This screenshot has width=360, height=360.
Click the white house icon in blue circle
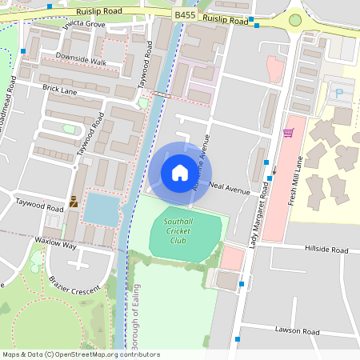(x=180, y=172)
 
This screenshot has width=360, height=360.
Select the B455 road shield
(x=185, y=14)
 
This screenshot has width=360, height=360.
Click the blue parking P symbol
(x=338, y=94)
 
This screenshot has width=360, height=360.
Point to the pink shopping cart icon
(x=288, y=133)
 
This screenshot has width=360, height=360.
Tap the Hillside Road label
(x=326, y=250)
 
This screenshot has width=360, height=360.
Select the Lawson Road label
(x=297, y=331)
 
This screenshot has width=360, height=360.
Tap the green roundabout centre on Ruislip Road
(x=295, y=19)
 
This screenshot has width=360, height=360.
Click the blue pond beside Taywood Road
(x=101, y=208)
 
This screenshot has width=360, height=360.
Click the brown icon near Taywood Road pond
(x=74, y=202)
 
